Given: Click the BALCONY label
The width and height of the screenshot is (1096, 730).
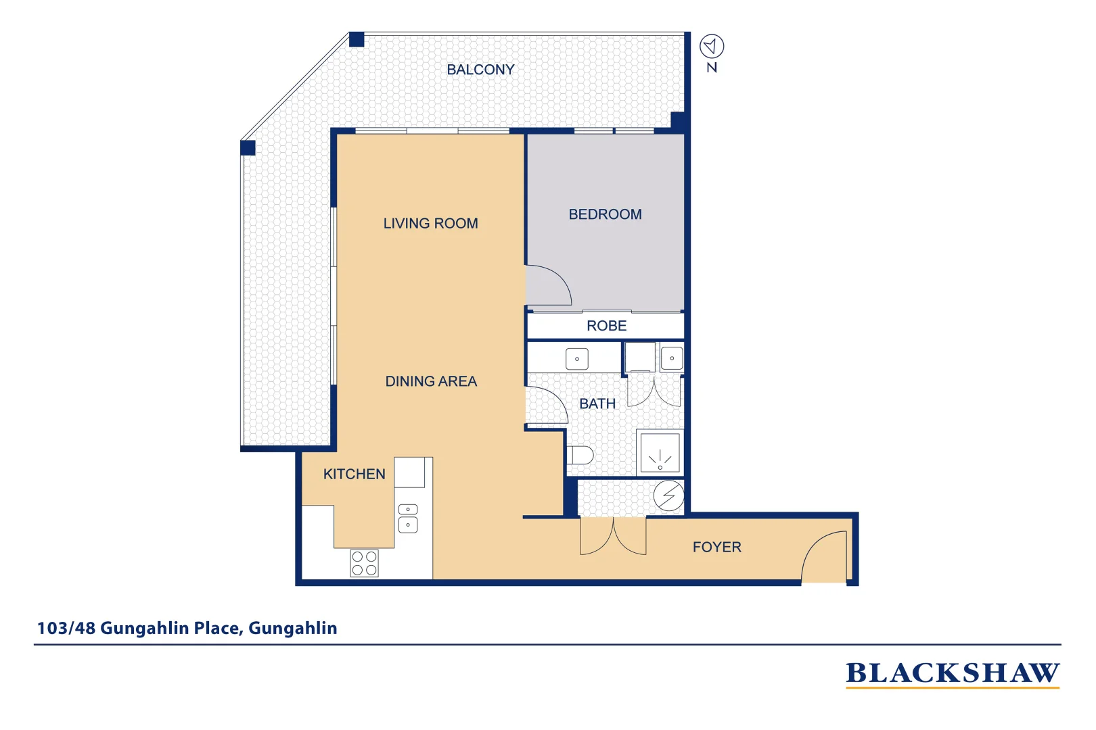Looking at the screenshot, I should coord(480,70).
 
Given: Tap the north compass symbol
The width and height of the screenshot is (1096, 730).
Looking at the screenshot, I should coord(712,47).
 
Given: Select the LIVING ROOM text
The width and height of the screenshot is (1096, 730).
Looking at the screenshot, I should coord(430,223).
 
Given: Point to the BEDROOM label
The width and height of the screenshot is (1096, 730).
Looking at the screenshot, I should coord(605,214).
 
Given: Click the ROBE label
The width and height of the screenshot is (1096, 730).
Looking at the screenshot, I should coord(606,326).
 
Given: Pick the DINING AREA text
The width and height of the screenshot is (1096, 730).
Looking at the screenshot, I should coord(431,381).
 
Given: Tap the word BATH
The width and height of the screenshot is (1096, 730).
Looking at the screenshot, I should coord(597,404).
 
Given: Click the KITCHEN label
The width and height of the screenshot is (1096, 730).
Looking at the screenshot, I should coord(354,474).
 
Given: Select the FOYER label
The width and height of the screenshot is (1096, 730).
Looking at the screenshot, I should coord(716,547).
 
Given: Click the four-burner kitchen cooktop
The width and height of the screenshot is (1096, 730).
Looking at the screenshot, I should coord(364,564).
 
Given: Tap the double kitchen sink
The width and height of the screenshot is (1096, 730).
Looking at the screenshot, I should coord(408,518).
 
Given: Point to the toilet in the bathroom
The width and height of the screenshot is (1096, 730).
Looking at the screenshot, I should coord(580,455).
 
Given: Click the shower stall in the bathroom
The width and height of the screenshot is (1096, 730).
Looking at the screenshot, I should coord(660,453).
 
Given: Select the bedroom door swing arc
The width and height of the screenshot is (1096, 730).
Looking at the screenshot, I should coord(549,286).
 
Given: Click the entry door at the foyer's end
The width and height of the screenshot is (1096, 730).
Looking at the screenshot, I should coord(824,556).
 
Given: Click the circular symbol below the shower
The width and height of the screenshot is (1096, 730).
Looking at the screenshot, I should coord(668,496).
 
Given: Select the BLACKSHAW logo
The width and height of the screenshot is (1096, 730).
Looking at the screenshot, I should coord(952,674).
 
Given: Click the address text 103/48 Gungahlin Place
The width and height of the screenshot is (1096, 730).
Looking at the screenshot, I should coord(187,629).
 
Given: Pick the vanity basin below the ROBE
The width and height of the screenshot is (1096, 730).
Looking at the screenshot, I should coord(576,359).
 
